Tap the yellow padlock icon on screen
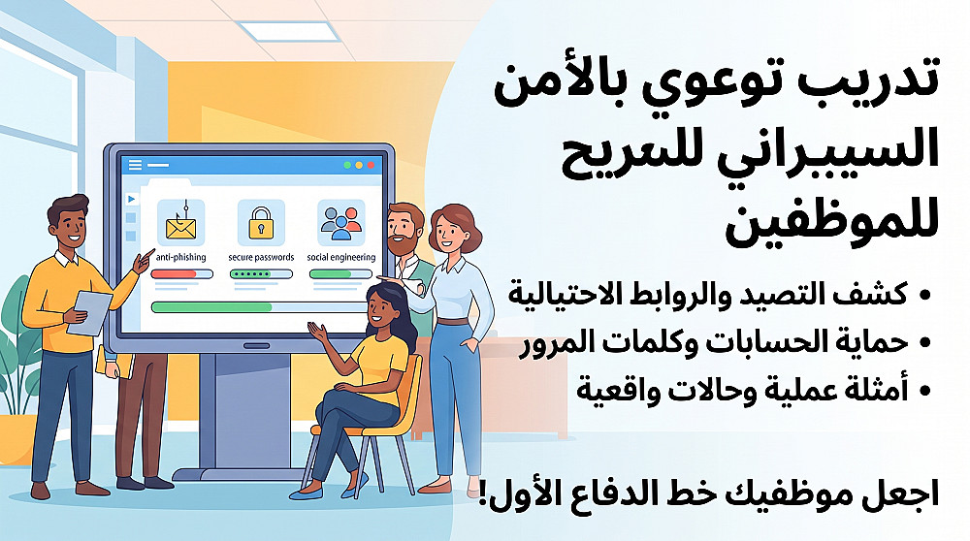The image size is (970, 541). (261, 223)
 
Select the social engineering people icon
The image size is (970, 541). (340, 223)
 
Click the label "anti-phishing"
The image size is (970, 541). (180, 257)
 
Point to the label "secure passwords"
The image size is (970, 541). (261, 257)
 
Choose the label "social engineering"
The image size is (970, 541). (341, 257)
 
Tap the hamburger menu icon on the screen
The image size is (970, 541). (135, 165)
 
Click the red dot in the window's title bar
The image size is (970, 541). (372, 165)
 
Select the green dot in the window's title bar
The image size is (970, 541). (347, 165)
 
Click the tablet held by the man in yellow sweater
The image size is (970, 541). (90, 313)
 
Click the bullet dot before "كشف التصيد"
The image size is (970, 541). (924, 296)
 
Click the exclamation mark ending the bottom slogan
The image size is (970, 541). (483, 496)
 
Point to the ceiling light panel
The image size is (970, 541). (289, 32)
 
